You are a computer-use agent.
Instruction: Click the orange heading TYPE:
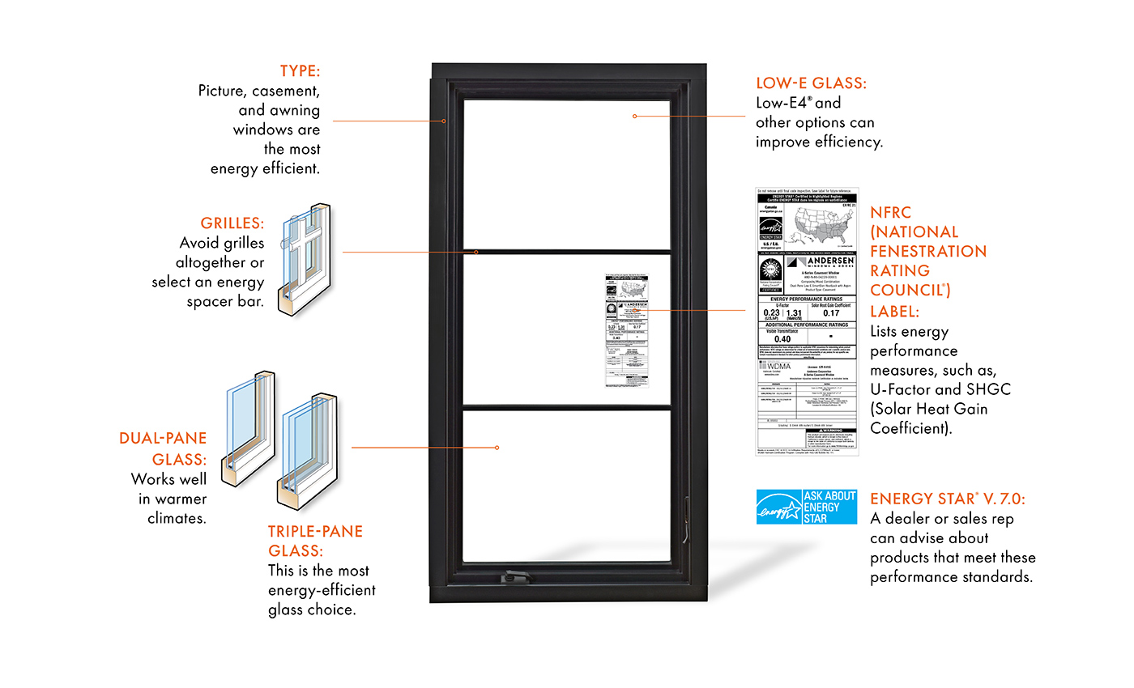pyautogui.click(x=300, y=70)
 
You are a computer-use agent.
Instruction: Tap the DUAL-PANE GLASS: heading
pyautogui.click(x=163, y=448)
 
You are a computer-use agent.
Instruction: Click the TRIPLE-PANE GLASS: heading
pyautogui.click(x=315, y=541)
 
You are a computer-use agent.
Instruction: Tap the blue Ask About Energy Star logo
pyautogui.click(x=806, y=507)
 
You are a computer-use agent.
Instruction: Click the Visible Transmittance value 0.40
pyautogui.click(x=776, y=339)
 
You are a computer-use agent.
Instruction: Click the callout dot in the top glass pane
pyautogui.click(x=634, y=117)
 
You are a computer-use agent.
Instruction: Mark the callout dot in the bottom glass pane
pyautogui.click(x=497, y=447)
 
